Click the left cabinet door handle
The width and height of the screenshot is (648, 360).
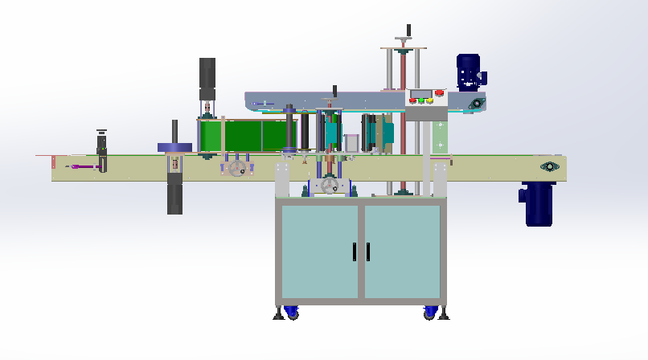tap(354, 252)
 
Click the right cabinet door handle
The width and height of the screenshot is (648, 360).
tap(367, 252)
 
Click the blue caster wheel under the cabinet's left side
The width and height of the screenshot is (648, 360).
tap(290, 310)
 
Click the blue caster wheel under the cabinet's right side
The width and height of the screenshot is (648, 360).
tap(431, 311)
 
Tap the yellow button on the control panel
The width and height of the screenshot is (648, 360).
tap(430, 101)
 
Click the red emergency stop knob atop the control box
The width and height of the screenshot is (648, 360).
tap(439, 92)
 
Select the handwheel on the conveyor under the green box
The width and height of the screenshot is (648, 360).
tap(237, 169)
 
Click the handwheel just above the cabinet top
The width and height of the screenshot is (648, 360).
tap(330, 186)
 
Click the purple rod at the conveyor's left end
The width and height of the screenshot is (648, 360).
tap(84, 166)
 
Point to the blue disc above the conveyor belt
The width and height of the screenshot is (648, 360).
tap(174, 147)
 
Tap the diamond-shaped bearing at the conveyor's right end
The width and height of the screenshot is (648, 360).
tap(551, 166)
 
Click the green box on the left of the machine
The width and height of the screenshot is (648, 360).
tap(241, 134)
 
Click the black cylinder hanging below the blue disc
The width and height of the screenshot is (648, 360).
tap(174, 197)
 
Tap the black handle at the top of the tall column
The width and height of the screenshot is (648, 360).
tap(408, 31)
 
